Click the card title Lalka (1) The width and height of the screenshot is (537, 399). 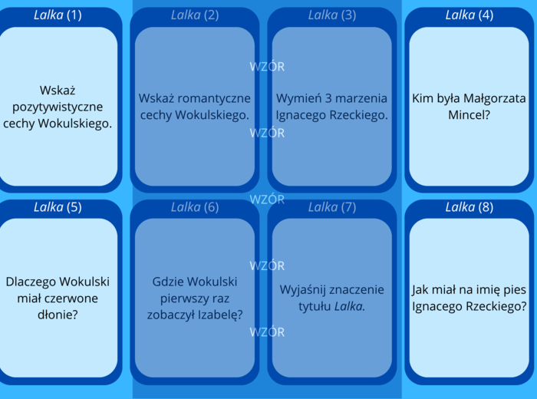[58, 15]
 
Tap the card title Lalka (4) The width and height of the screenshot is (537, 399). [469, 15]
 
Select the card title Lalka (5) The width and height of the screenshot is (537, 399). [58, 207]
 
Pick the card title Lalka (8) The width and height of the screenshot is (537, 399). [469, 207]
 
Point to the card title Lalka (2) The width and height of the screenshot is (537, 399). [195, 15]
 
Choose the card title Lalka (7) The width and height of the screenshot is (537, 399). [331, 207]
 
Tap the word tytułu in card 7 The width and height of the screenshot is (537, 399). [314, 306]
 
